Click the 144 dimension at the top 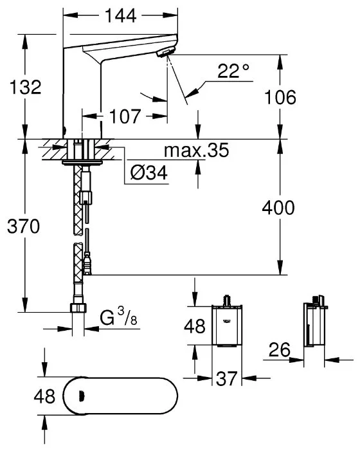120,16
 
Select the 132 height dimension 25,87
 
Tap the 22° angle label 233,71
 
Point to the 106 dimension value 280,97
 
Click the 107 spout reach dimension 125,116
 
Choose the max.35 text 197,150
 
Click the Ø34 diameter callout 149,173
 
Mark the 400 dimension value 278,208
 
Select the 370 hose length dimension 24,226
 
